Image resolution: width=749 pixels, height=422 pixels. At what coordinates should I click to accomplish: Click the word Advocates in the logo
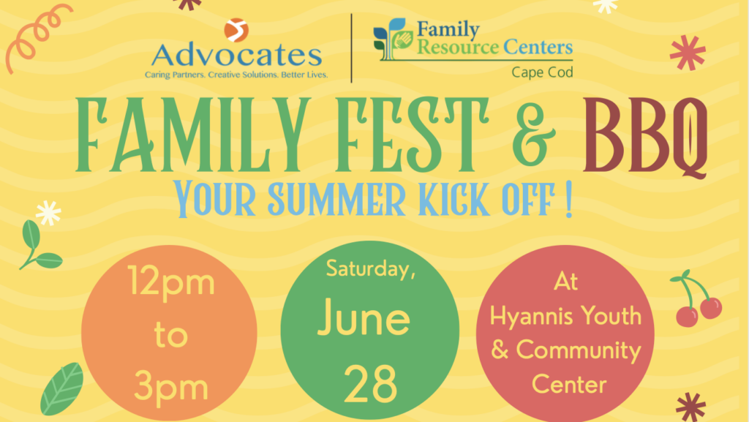click(236, 56)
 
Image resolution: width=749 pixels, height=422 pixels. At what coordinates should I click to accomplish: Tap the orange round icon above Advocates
click(236, 30)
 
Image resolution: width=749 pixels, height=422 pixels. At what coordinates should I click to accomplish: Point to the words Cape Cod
click(542, 72)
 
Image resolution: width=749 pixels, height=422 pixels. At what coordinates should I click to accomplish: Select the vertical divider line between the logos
click(352, 48)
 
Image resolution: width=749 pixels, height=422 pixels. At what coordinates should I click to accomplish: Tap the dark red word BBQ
click(645, 137)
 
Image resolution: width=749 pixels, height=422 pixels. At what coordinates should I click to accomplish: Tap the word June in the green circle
click(364, 317)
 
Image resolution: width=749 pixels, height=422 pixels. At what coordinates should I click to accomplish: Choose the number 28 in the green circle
click(370, 383)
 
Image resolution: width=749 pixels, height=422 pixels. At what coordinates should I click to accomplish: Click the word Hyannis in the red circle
click(530, 317)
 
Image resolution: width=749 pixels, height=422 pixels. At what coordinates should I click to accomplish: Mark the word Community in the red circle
click(579, 351)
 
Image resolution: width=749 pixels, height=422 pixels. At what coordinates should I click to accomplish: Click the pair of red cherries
click(697, 299)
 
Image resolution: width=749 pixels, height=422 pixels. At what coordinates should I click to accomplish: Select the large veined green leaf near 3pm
click(62, 388)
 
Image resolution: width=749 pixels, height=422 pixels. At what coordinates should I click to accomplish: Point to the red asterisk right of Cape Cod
click(688, 53)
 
